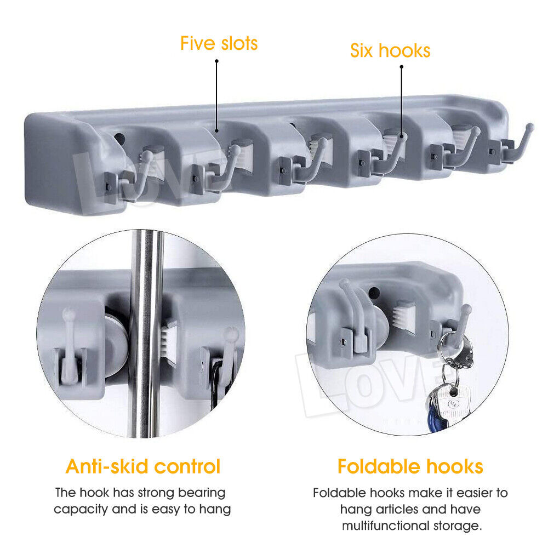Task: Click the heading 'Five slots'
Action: coord(219,44)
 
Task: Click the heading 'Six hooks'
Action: coord(390,50)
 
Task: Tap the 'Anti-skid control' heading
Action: coord(143,466)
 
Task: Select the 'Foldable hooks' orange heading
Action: coord(410,466)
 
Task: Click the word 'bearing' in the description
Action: coord(202,493)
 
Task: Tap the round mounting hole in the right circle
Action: coord(374,293)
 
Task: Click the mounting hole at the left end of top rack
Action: coord(120,139)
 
